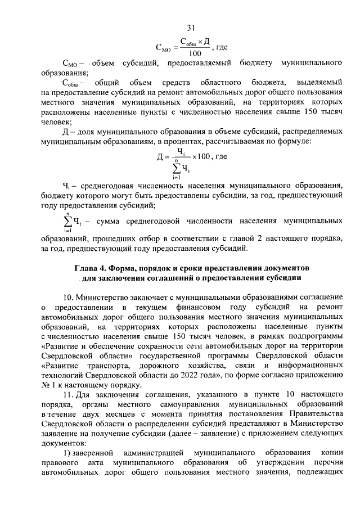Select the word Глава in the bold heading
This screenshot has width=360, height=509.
[x=88, y=267]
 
